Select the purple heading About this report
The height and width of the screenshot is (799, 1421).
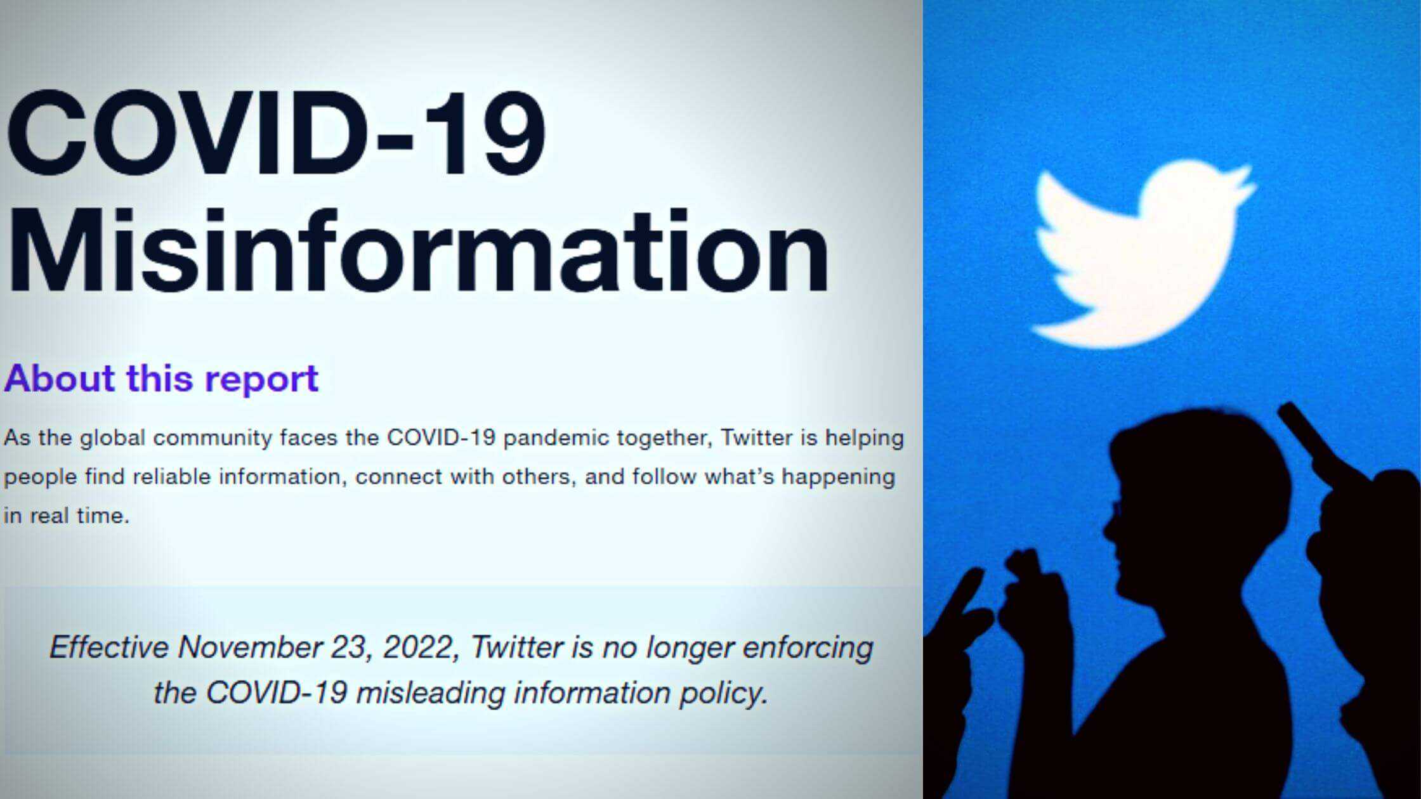click(161, 379)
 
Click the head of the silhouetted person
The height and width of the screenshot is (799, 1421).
click(1193, 495)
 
